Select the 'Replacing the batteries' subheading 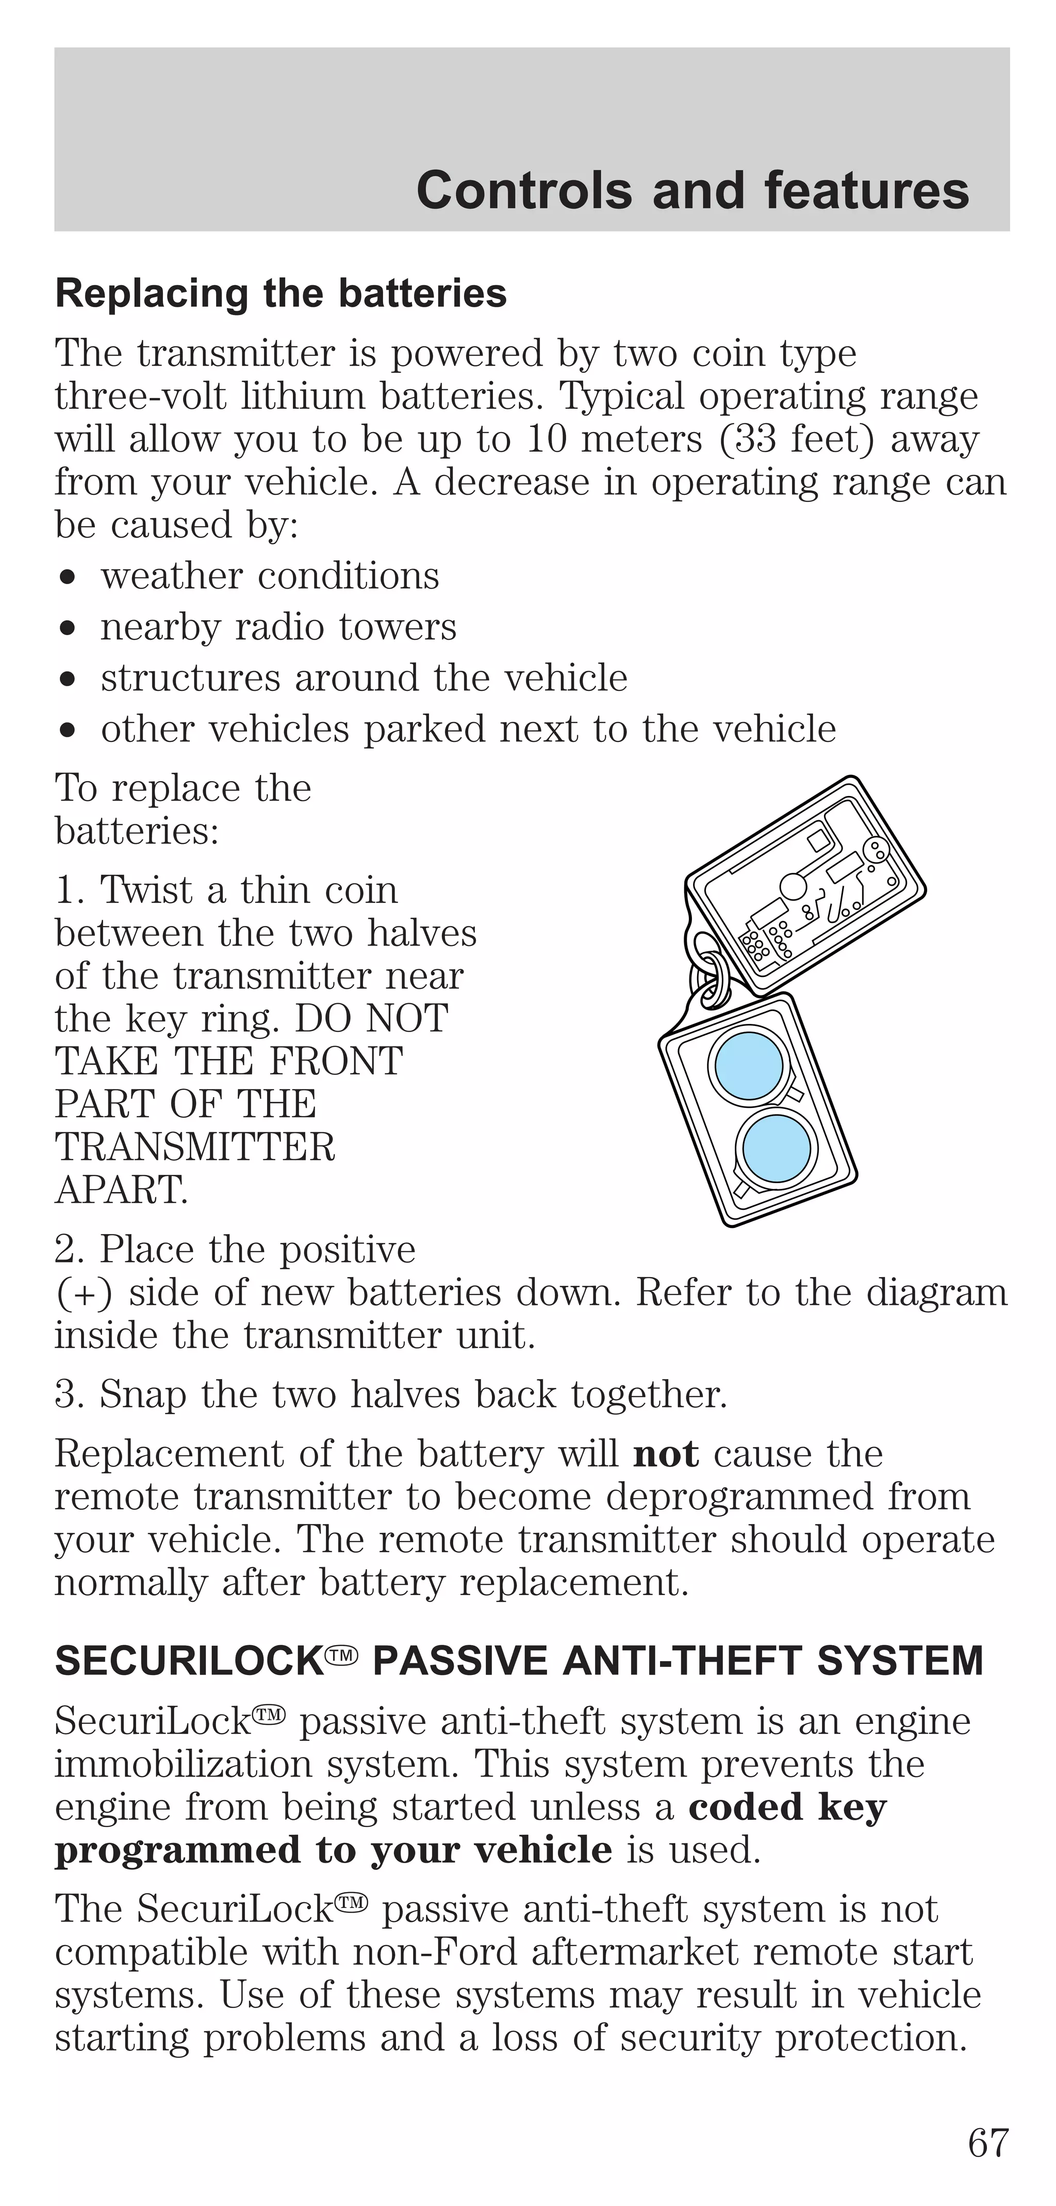click(281, 294)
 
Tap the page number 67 click(988, 2143)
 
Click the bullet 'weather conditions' click(270, 576)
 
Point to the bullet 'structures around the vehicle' click(364, 678)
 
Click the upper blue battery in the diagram click(749, 1065)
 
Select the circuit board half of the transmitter click(805, 886)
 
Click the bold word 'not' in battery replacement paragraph click(666, 1454)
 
